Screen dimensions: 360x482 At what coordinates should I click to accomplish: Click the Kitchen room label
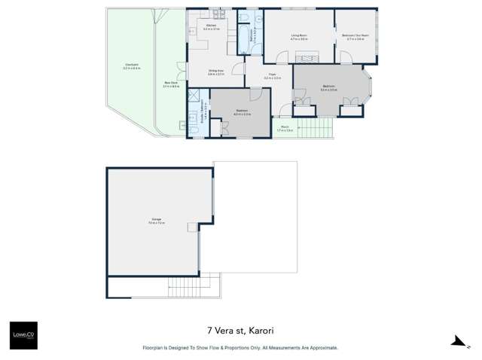point(211,27)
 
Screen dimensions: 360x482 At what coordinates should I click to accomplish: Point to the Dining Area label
point(217,72)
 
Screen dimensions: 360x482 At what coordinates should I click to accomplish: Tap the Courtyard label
point(131,66)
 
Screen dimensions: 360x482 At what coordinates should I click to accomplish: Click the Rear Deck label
point(170,84)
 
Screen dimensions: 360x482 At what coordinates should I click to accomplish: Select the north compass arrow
point(458,341)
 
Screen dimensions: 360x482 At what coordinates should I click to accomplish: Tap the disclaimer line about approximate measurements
point(240,348)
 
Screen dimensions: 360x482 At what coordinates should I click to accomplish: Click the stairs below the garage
point(189,287)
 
